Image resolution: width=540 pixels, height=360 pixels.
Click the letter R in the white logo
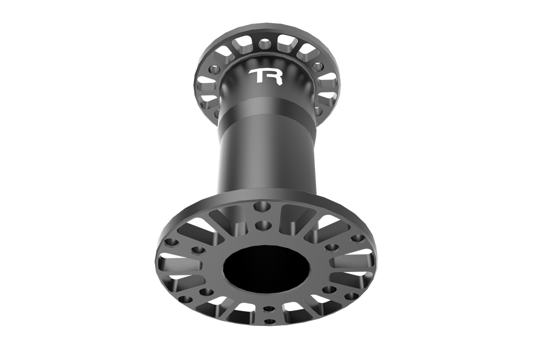pos(274,76)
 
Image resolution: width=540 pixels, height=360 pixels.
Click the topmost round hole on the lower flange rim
pos(260,205)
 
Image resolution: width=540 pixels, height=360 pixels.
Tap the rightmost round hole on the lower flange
pos(358,238)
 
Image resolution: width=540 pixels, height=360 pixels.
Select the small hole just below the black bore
pos(268,309)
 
